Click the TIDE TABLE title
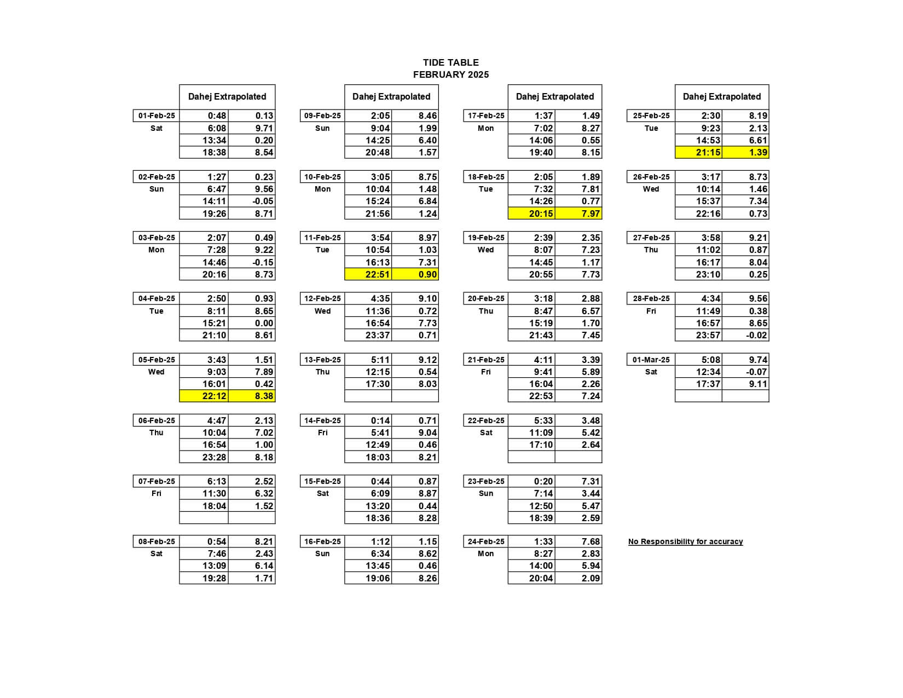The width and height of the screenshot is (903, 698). click(x=450, y=62)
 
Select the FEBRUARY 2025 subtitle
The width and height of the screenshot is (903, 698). click(x=450, y=74)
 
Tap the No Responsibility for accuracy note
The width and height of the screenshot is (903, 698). click(x=685, y=541)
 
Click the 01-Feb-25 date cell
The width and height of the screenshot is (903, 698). click(x=157, y=116)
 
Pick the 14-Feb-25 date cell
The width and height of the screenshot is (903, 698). click(x=322, y=420)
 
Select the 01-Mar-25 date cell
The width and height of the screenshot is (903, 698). click(x=651, y=360)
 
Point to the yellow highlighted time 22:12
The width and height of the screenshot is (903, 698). click(x=215, y=396)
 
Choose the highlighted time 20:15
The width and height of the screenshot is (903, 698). click(x=541, y=214)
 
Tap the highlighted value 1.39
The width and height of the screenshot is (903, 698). click(x=758, y=152)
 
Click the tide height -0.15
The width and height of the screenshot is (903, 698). click(x=263, y=262)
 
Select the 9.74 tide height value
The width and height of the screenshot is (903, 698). click(x=758, y=360)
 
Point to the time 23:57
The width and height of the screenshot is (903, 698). click(x=708, y=335)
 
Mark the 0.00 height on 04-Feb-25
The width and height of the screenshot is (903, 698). click(x=264, y=323)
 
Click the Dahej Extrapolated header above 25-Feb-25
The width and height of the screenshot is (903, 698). click(x=721, y=96)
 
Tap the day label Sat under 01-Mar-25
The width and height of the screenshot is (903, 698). click(x=651, y=372)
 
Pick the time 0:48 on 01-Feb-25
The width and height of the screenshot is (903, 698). click(x=217, y=116)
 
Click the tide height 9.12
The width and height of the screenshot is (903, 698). click(x=427, y=360)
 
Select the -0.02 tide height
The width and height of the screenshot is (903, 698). click(x=756, y=335)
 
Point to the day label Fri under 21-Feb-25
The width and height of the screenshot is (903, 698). click(x=485, y=372)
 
